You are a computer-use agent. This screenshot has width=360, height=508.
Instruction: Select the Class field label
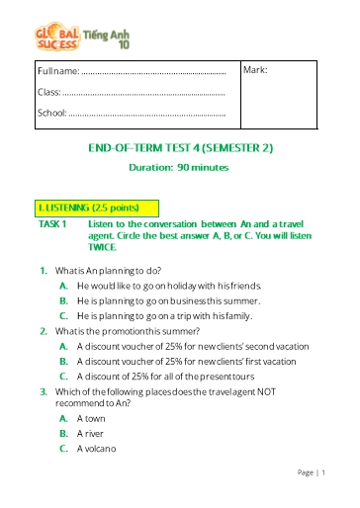pyautogui.click(x=48, y=92)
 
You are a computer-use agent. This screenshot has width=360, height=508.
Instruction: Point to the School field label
pyautogui.click(x=51, y=113)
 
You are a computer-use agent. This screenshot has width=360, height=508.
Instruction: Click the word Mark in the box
pyautogui.click(x=255, y=71)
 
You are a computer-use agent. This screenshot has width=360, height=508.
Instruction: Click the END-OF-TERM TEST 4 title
pyautogui.click(x=180, y=148)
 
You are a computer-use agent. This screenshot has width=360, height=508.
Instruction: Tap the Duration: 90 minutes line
pyautogui.click(x=179, y=167)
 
